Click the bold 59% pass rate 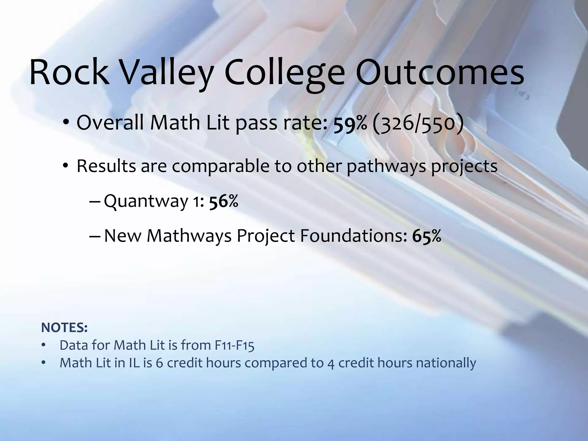pos(350,123)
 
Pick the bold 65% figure pos(427,236)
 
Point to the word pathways pos(386,166)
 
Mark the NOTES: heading pos(64,328)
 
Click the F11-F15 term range pos(234,345)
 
